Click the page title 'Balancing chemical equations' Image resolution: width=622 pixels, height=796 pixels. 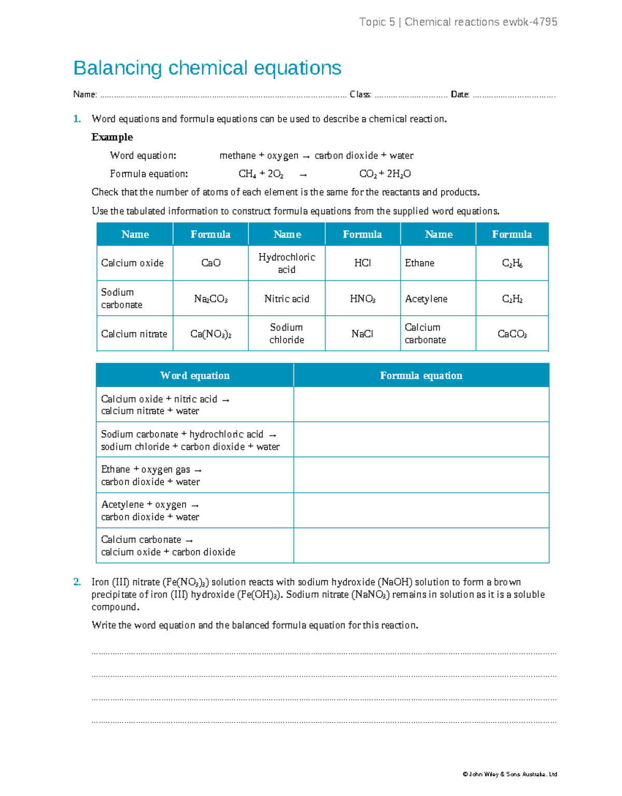coord(207,68)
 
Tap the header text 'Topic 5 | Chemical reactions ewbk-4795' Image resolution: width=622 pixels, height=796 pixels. coord(458,22)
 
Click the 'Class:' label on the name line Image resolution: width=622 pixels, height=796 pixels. coord(360,94)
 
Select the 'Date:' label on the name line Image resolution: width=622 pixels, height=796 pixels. coord(460,94)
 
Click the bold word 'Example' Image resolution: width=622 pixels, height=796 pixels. coord(112,137)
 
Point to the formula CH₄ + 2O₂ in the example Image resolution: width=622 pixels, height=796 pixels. coord(261,174)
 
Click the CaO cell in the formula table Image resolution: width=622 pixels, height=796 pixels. coord(210,263)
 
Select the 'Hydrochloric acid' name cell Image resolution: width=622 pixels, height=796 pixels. coord(287,263)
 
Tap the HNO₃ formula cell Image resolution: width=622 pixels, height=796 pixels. coord(362,299)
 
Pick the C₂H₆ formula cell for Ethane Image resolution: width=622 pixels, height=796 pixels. coord(512,263)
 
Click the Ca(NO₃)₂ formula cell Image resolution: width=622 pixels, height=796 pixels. coord(210,334)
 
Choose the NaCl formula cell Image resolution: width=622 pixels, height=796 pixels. coord(362,334)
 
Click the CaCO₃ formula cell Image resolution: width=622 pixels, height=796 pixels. coord(512,334)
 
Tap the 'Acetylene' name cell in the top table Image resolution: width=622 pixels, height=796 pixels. coord(426,299)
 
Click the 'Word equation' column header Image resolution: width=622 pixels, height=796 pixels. coord(195,375)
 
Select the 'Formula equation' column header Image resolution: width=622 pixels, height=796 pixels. coord(421,375)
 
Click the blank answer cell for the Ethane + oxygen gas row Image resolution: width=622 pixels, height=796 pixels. coord(421,475)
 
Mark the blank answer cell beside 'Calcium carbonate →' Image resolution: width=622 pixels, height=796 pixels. coord(421,546)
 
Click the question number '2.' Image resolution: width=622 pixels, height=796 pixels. coord(77,582)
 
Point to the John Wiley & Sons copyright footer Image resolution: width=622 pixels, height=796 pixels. coord(510,774)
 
